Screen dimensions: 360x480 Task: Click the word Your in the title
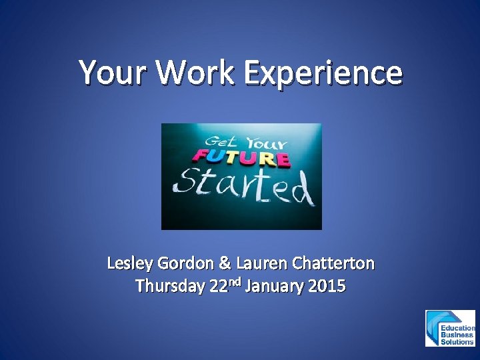114,73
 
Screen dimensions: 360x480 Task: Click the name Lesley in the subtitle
130,264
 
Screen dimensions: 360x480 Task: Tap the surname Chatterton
333,264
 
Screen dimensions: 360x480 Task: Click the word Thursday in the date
169,287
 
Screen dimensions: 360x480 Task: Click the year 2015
327,287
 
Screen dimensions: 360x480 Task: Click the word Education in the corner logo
458,328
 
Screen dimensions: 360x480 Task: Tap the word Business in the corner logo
457,335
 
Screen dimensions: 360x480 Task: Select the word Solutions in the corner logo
458,342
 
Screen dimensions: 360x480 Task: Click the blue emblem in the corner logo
435,328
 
